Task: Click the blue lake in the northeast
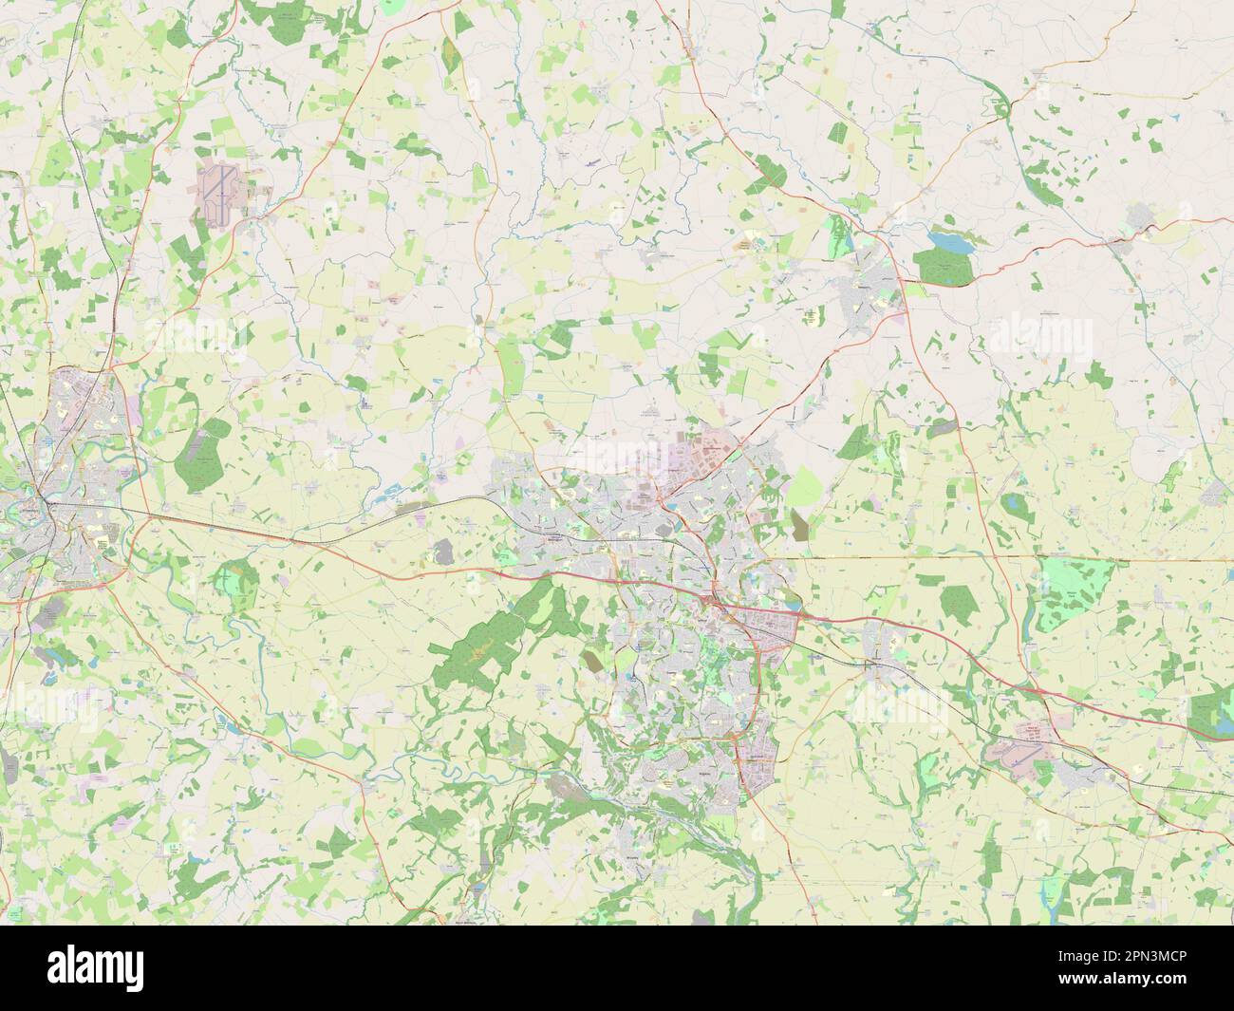click(952, 241)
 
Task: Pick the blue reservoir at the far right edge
click(1225, 726)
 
